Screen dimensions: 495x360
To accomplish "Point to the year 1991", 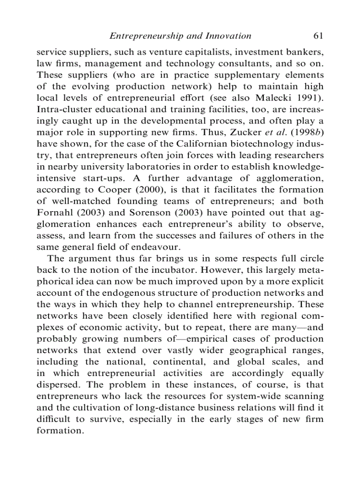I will click(x=309, y=98).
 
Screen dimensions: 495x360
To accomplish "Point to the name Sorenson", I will click(x=147, y=212).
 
